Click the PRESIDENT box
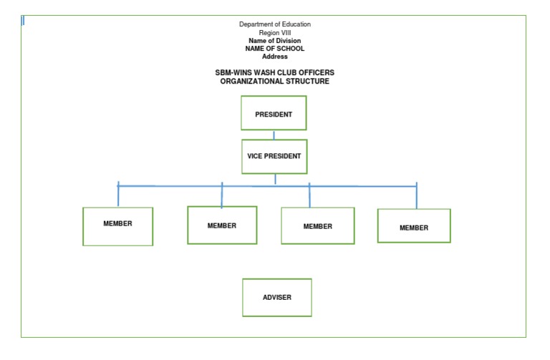274,114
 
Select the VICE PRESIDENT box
274,156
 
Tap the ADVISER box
277,297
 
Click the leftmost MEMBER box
117,226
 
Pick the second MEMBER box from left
222,225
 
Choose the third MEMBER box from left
317,226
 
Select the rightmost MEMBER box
414,227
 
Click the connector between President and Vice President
274,135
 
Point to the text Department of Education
275,24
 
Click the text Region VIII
275,33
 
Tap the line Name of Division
275,41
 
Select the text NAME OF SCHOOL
275,49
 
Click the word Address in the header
275,57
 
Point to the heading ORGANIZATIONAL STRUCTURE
275,82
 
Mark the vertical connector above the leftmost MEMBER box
118,195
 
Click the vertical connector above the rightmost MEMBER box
416,196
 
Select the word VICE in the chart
256,156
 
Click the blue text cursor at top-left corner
23,21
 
